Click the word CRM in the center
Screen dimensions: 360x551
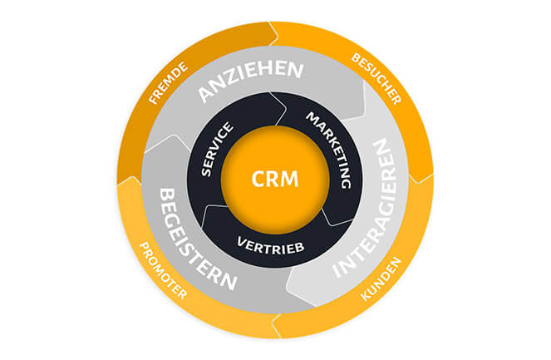(x=274, y=178)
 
